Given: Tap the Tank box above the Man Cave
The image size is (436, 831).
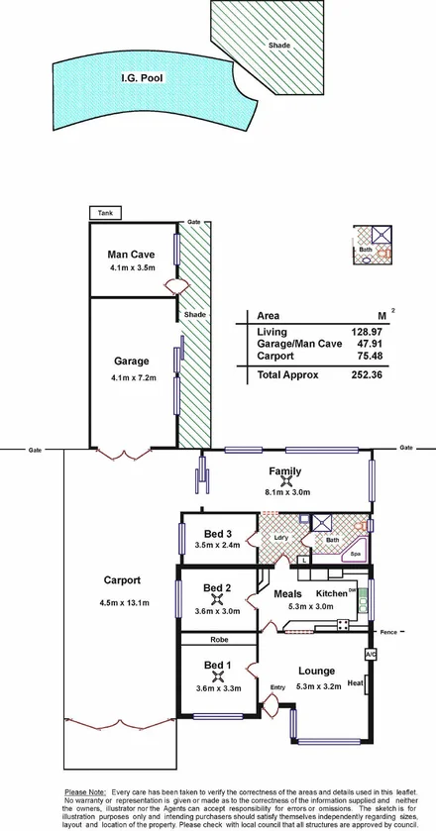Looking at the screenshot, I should click(104, 212).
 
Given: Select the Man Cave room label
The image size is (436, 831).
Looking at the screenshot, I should click(130, 254).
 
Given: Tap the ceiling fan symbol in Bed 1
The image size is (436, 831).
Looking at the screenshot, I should click(216, 676).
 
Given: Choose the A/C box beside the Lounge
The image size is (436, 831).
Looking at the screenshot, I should click(371, 655).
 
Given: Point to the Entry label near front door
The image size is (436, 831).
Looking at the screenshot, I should click(277, 687).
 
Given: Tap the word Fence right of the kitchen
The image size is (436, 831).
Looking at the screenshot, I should click(387, 631).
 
